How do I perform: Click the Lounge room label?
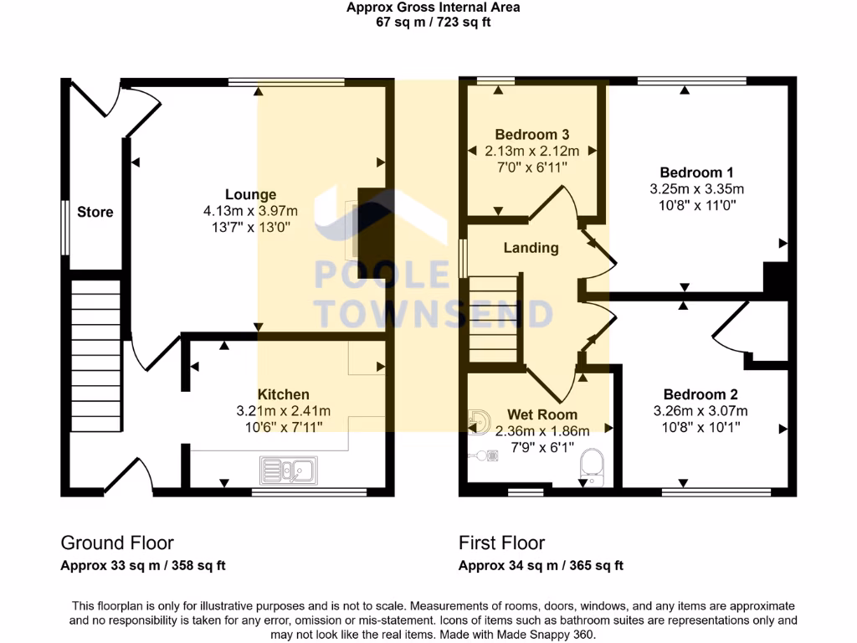250,194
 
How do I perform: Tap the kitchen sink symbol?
287,470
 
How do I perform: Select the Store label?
95,212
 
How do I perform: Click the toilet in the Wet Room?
592,467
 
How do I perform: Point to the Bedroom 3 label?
531,134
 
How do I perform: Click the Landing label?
531,248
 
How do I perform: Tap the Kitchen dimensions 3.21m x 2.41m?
283,411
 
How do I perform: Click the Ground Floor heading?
117,543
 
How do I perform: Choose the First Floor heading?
501,543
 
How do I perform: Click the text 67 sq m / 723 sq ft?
434,22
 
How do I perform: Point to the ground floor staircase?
95,343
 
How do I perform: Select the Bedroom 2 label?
700,394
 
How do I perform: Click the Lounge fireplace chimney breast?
369,234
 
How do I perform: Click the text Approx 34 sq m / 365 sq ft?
541,566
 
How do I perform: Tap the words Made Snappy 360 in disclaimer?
553,635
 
